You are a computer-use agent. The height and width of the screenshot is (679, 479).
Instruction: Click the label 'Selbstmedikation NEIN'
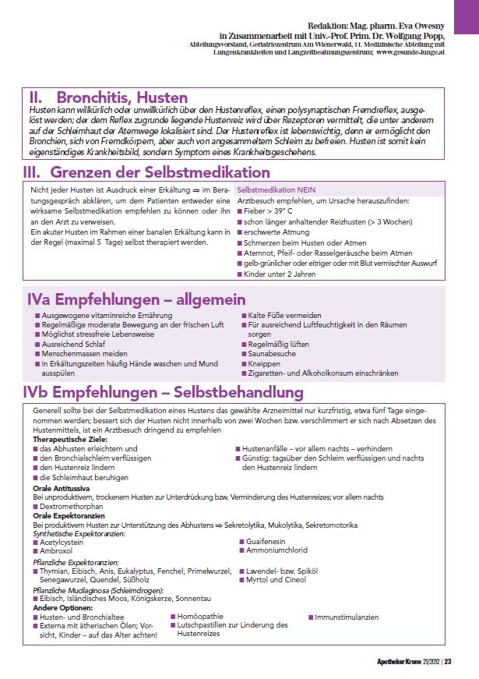click(276, 189)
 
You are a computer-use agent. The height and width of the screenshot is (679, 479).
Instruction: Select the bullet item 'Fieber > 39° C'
click(268, 210)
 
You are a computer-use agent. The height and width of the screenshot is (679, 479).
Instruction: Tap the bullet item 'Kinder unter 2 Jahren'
click(279, 274)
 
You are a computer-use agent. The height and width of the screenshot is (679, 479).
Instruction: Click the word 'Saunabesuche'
click(271, 353)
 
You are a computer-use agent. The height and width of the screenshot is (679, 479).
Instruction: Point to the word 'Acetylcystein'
click(64, 541)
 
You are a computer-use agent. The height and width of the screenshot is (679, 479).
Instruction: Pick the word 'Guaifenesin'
click(267, 540)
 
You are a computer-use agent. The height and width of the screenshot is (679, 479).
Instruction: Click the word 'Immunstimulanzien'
click(347, 617)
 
